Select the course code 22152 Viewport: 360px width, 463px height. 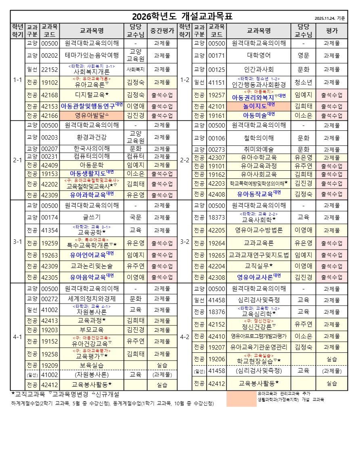[50, 69]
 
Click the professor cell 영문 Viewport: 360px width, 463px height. [303, 56]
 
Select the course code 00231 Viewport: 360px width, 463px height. [50, 156]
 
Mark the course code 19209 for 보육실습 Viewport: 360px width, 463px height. [50, 365]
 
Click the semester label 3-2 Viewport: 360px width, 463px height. [184, 242]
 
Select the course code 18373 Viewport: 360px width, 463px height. [216, 217]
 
